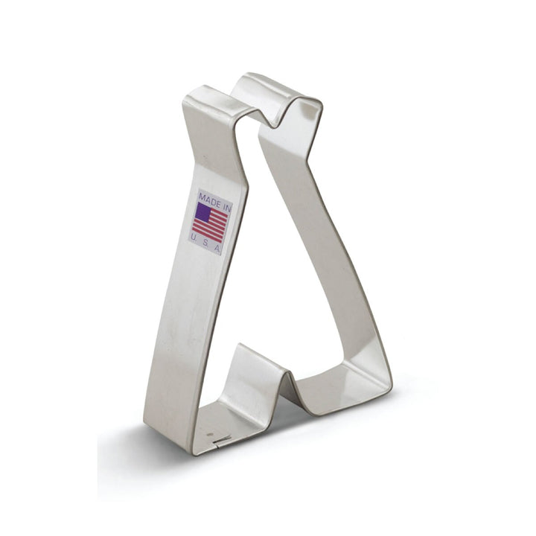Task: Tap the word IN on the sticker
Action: [x=226, y=205]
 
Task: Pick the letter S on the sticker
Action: [x=205, y=242]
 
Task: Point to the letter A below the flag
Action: [x=217, y=248]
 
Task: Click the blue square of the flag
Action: [x=202, y=212]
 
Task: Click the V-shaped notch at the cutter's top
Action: [x=273, y=126]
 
